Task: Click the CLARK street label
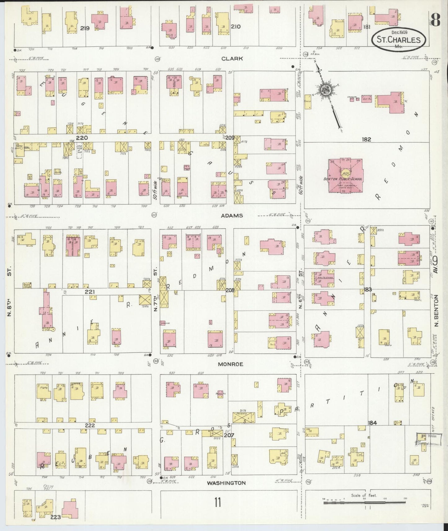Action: (x=232, y=59)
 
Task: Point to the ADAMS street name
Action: (x=232, y=215)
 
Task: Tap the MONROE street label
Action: (x=230, y=364)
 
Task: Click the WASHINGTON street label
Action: (x=226, y=483)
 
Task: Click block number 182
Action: (x=366, y=140)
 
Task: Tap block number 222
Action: (x=90, y=426)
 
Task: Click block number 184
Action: (x=372, y=423)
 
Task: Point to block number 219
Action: (x=85, y=28)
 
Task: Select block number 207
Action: (x=229, y=435)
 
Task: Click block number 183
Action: (x=368, y=289)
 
